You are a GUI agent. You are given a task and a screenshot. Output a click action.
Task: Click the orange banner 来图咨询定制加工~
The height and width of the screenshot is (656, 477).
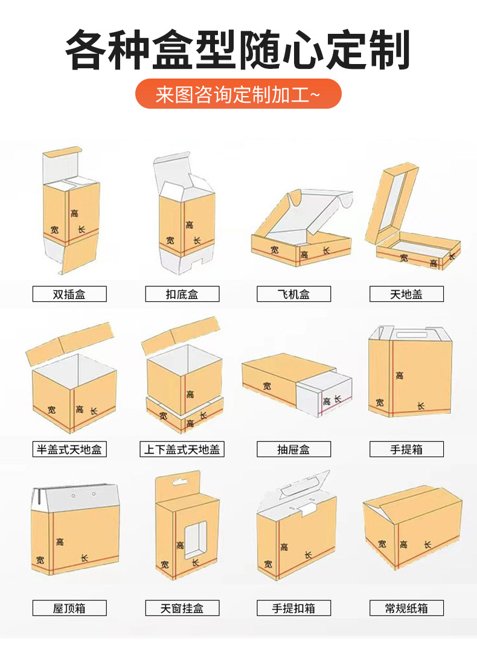[x=238, y=95]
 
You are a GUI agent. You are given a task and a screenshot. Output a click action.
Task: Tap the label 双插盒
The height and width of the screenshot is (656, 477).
[x=69, y=294]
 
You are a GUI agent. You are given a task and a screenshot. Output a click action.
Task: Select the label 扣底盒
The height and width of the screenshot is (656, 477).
[x=182, y=294]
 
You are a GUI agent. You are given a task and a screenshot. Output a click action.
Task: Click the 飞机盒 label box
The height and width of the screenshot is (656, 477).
[x=293, y=294]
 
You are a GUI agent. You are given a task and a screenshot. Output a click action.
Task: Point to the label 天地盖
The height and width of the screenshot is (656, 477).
[x=406, y=294]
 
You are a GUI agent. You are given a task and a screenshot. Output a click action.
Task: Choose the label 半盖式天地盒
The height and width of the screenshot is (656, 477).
[x=69, y=449]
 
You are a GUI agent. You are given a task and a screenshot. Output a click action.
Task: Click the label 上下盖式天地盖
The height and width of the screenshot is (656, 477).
[x=182, y=449]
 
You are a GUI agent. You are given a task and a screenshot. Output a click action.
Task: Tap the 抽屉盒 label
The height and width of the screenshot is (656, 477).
[x=293, y=449]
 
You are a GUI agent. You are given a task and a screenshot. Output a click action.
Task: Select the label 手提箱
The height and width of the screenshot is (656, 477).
[x=406, y=449]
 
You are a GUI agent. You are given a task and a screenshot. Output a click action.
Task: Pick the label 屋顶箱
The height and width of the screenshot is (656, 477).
[x=69, y=608]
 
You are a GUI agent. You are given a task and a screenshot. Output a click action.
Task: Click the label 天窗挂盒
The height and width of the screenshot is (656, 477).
[x=182, y=608]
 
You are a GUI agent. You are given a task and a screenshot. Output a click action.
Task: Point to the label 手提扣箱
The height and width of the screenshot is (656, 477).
[x=293, y=608]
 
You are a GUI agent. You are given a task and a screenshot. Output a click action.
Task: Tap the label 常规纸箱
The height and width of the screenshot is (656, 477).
[x=406, y=608]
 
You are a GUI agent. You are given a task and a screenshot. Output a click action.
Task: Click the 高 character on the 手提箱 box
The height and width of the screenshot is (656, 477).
[x=399, y=375]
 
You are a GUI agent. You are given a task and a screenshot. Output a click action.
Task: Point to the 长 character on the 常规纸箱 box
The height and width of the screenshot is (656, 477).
[x=427, y=544]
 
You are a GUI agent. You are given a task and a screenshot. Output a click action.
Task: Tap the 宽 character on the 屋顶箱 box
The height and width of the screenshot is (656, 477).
[x=40, y=559]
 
